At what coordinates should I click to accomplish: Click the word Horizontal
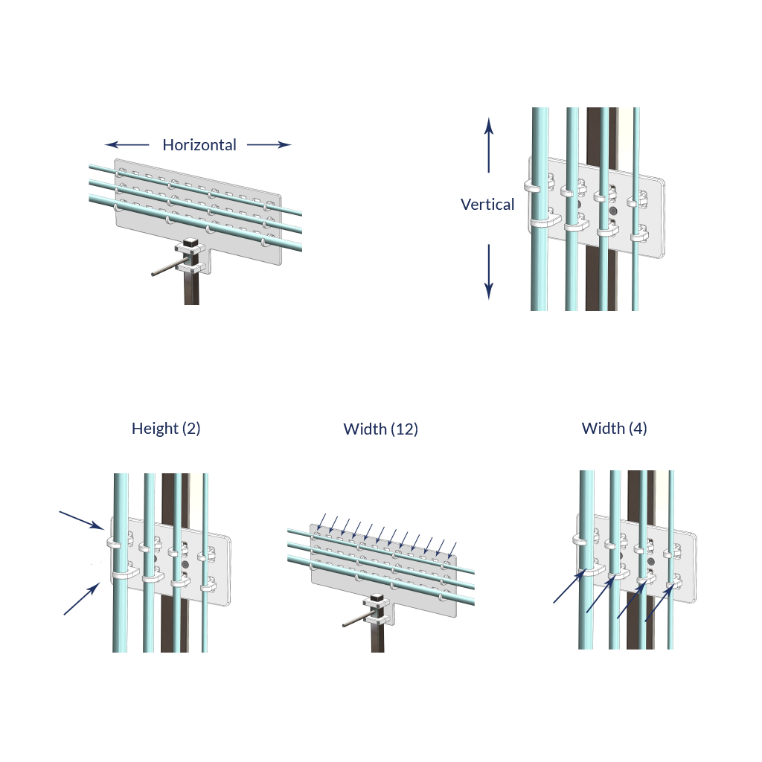(199, 145)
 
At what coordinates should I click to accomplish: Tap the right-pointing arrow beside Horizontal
(269, 145)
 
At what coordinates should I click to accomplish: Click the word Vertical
(487, 205)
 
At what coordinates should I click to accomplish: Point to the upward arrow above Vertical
(488, 145)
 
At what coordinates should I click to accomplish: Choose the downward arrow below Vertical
(488, 272)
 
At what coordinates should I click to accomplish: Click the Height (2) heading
(166, 429)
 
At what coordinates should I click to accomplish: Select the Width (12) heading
(380, 429)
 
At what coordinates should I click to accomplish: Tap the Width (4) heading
(614, 429)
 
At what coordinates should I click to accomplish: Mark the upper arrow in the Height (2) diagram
(81, 519)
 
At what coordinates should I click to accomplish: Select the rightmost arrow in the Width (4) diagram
(659, 602)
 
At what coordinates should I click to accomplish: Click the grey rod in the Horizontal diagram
(167, 269)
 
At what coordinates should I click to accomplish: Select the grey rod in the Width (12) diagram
(357, 620)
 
